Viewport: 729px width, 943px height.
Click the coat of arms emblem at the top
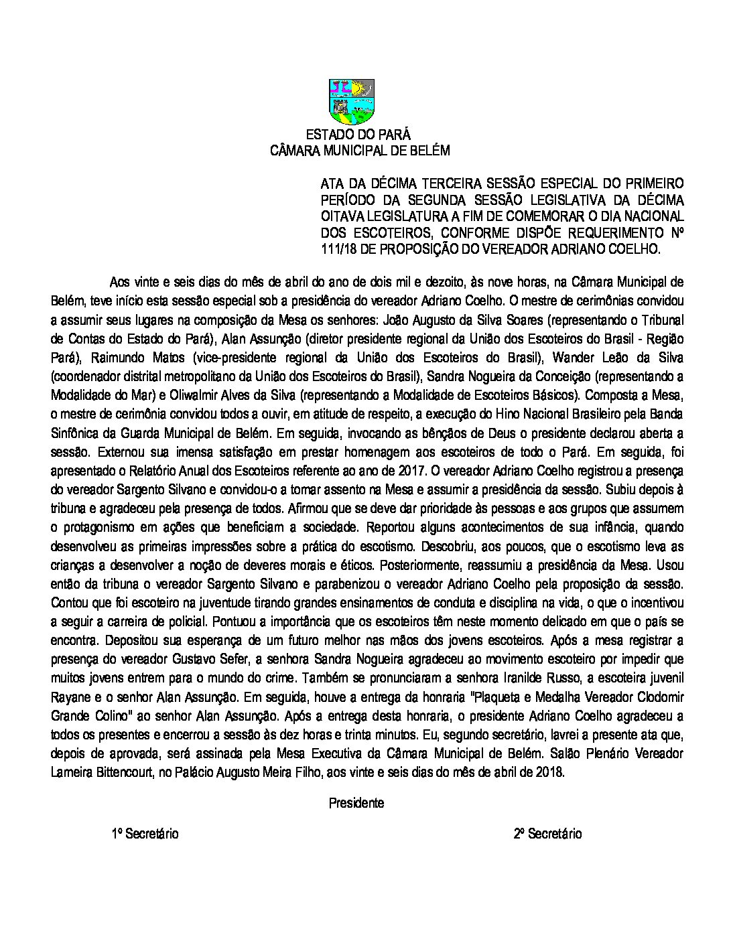[351, 102]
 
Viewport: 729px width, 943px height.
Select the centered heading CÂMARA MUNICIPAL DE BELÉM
[359, 151]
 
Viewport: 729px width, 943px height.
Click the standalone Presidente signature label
[356, 803]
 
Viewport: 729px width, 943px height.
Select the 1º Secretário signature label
[145, 834]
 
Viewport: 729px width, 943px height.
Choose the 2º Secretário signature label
[547, 834]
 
